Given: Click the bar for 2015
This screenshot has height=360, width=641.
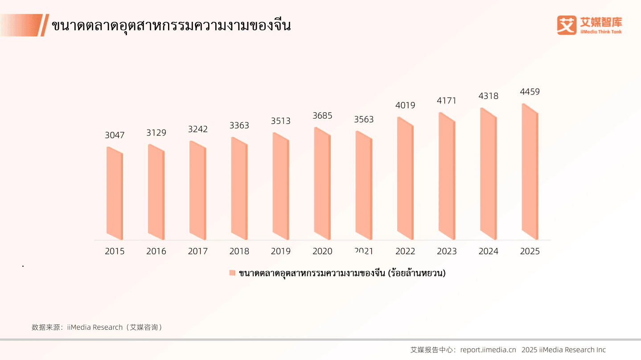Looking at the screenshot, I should click(x=115, y=192).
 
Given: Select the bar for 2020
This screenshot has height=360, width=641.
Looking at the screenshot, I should click(x=322, y=183).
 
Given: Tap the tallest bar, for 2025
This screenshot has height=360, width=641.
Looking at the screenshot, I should click(x=530, y=172).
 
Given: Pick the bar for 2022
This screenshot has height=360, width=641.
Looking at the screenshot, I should click(x=405, y=178).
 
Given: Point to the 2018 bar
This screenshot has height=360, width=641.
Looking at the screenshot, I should click(x=239, y=188).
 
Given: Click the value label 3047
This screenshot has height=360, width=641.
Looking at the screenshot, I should click(x=115, y=135).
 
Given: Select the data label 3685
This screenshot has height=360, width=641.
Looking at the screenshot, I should click(x=322, y=116).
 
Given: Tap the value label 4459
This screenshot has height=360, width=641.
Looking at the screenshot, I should click(x=530, y=92).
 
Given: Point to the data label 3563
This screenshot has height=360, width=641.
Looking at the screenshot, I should click(x=364, y=119).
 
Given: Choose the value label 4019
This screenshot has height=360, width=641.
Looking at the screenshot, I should click(x=405, y=106).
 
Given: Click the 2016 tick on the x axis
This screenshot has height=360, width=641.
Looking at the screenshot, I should click(x=156, y=251).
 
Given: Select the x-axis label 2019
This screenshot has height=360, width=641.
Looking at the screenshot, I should click(x=281, y=251).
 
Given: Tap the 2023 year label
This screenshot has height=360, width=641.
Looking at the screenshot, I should click(x=447, y=251).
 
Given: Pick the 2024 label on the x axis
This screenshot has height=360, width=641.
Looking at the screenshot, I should click(x=489, y=251).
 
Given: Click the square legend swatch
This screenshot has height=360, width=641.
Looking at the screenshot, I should click(x=232, y=273).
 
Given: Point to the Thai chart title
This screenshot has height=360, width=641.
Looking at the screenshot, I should click(x=171, y=26).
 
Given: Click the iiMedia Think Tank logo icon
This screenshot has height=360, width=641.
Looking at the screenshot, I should click(x=566, y=25).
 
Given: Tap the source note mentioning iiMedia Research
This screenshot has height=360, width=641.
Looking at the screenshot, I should click(x=97, y=327).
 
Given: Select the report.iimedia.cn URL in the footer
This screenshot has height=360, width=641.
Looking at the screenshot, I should click(x=488, y=350).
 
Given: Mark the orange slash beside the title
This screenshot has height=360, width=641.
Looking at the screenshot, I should click(x=44, y=25).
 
